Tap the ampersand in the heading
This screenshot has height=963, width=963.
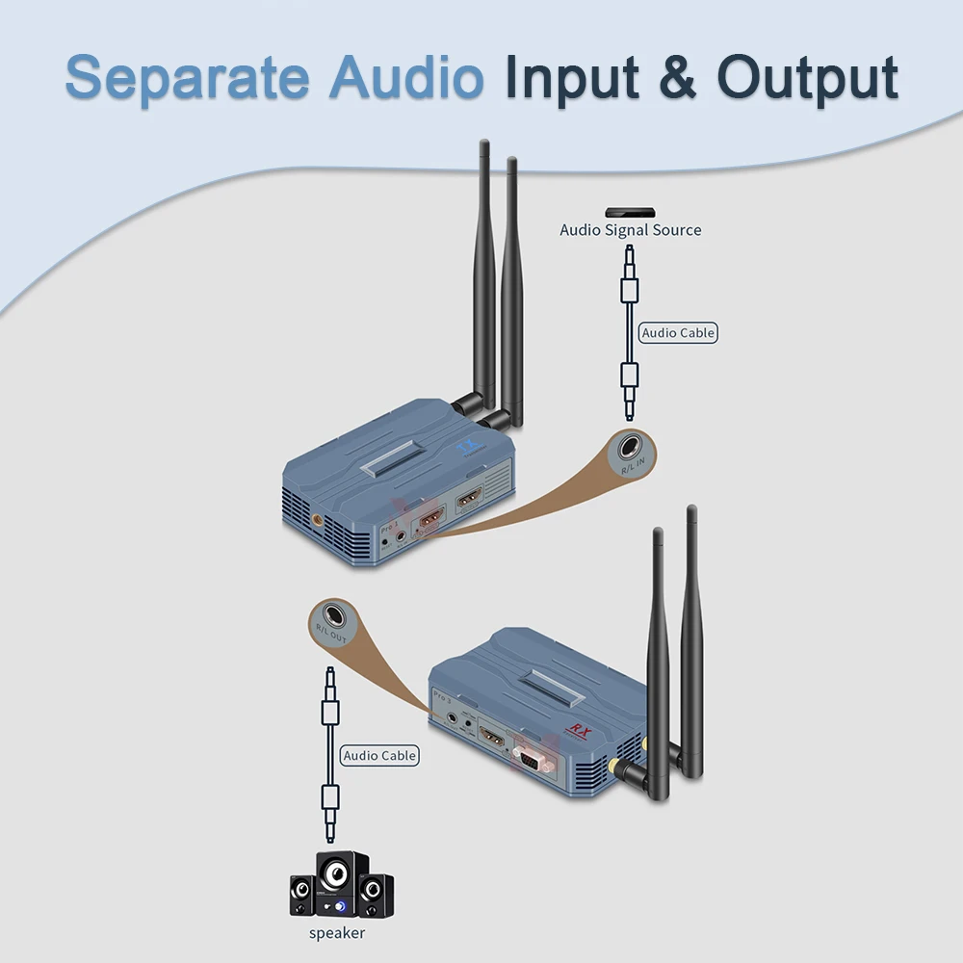coord(679,77)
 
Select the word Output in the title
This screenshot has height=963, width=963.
coord(807,77)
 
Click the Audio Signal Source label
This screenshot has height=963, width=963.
coord(631,230)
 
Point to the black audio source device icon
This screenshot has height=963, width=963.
coord(630,212)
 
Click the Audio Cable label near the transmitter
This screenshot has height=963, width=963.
coord(679,333)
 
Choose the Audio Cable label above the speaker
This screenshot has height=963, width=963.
coord(379,756)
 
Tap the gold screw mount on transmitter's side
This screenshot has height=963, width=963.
coord(317,520)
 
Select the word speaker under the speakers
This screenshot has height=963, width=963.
coord(337,933)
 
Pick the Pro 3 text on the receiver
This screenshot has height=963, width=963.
coord(442,696)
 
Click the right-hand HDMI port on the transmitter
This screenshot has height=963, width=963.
coord(469,498)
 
